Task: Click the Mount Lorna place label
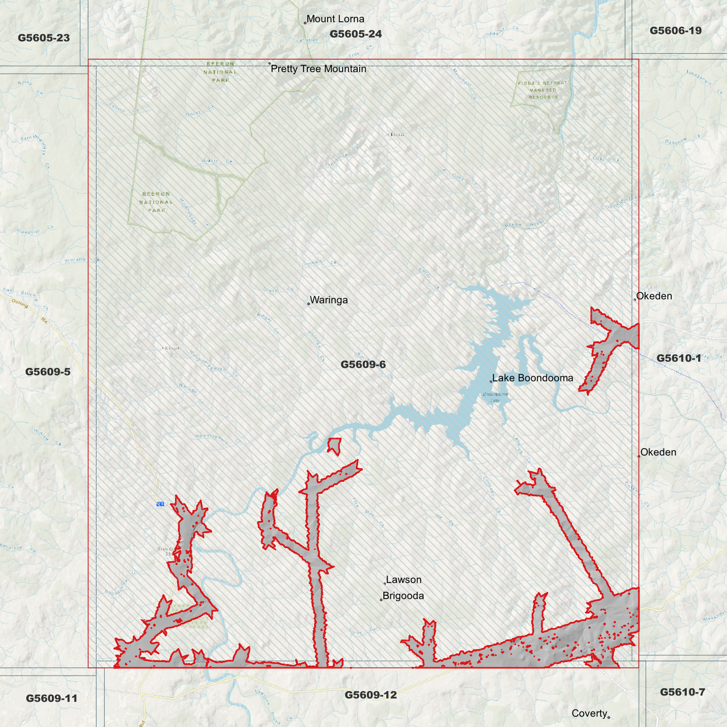coord(335,19)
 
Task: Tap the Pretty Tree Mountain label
coord(318,69)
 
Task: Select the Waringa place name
coord(329,300)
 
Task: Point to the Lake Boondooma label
coord(532,378)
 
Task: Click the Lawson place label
coord(403,580)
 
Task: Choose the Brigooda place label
coord(403,596)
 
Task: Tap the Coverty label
coord(589,713)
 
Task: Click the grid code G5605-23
coord(44,38)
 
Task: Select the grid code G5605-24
coord(356,34)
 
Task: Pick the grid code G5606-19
coord(675,31)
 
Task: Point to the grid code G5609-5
coord(48,372)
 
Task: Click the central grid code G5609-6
coord(363,365)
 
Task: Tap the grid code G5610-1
coord(679,358)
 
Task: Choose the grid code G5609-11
coord(52,698)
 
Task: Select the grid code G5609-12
coord(371,695)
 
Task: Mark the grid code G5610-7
coord(682,692)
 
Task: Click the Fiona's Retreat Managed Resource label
coord(542,90)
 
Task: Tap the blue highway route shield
coord(160,504)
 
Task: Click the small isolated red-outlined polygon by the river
coord(334,445)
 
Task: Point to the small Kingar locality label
coord(171,348)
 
